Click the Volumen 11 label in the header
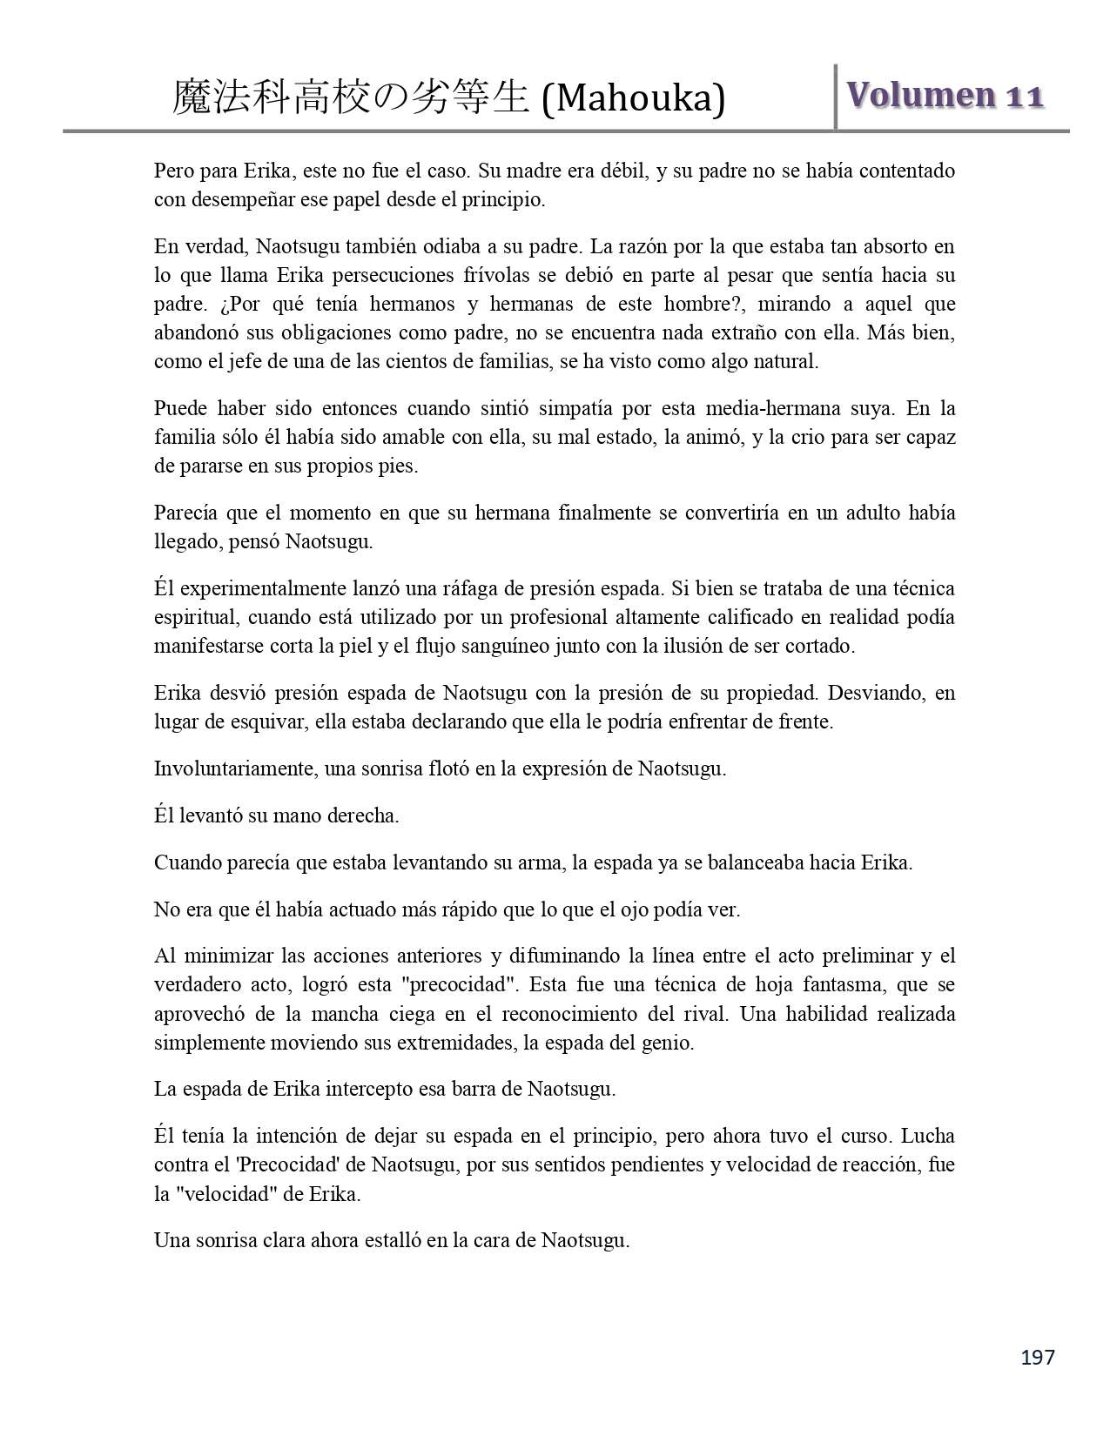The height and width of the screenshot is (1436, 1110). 945,95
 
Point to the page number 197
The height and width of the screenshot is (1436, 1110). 1037,1357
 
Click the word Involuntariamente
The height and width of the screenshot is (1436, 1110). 233,769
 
